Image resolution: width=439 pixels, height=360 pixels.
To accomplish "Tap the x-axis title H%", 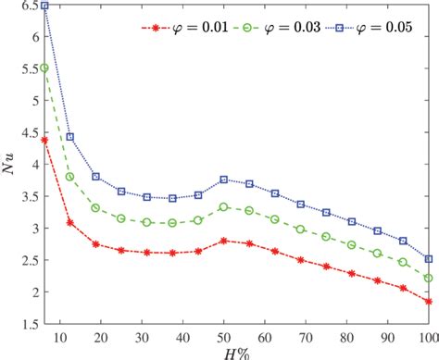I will point(236,351).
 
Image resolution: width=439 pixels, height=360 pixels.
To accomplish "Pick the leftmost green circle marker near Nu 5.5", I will point(44,68).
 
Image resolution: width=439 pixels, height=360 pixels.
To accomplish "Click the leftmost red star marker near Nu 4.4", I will point(44,140).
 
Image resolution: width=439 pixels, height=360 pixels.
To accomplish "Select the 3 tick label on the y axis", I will point(32,228).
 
